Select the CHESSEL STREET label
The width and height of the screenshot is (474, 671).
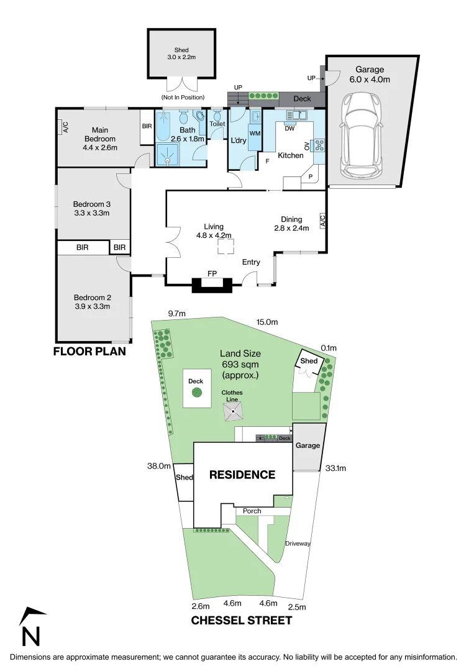pyautogui.click(x=241, y=620)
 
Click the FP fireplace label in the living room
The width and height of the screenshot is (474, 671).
pyautogui.click(x=212, y=273)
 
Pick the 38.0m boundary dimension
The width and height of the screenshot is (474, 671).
pyautogui.click(x=159, y=465)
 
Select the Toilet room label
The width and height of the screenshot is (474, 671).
pyautogui.click(x=217, y=124)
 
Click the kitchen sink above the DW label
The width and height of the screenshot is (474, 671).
pyautogui.click(x=296, y=115)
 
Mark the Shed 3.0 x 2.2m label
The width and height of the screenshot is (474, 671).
pyautogui.click(x=181, y=53)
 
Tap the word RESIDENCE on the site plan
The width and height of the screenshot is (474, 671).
pyautogui.click(x=242, y=475)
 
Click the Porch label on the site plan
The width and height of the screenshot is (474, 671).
pyautogui.click(x=252, y=511)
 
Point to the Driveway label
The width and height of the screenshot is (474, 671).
pyautogui.click(x=298, y=543)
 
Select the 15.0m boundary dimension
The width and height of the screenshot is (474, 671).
pyautogui.click(x=267, y=322)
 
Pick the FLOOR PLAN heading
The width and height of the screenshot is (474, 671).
pyautogui.click(x=89, y=352)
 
